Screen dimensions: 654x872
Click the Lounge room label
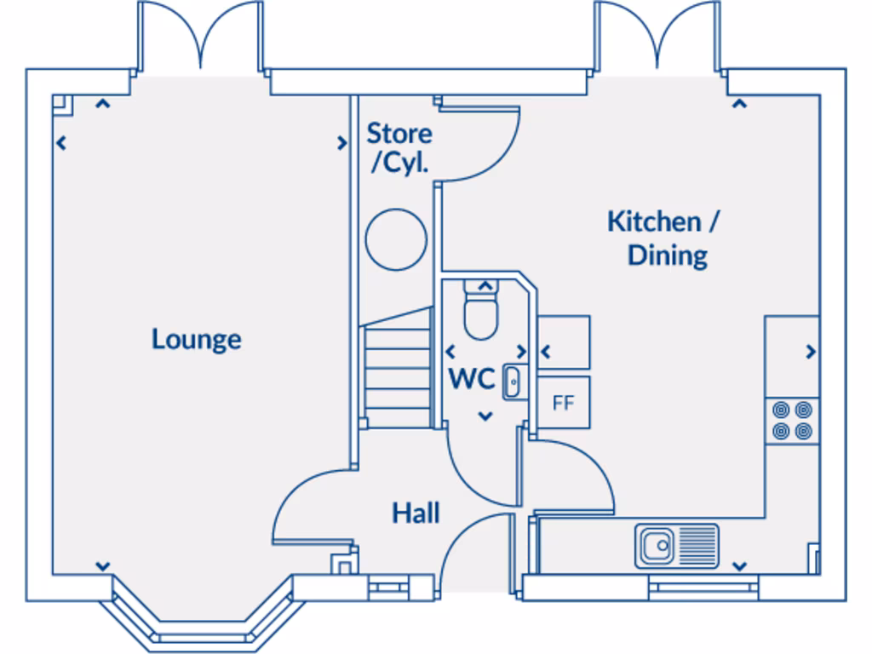pyautogui.click(x=197, y=339)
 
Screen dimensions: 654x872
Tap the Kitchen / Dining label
pyautogui.click(x=663, y=238)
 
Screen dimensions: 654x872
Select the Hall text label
pyautogui.click(x=416, y=513)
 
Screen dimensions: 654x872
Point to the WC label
pyautogui.click(x=472, y=379)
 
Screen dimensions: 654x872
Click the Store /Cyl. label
pyautogui.click(x=399, y=148)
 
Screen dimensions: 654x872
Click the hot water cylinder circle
pyautogui.click(x=395, y=238)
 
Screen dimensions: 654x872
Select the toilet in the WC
pyautogui.click(x=481, y=312)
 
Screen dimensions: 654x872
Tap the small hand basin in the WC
pyautogui.click(x=512, y=381)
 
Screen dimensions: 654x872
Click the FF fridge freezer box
pyautogui.click(x=563, y=403)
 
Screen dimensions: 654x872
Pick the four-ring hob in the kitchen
pyautogui.click(x=791, y=421)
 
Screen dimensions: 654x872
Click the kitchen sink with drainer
pyautogui.click(x=676, y=545)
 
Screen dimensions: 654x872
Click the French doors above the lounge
pyautogui.click(x=200, y=38)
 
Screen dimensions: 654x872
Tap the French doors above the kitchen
pyautogui.click(x=656, y=38)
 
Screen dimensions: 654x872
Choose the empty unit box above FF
pyautogui.click(x=564, y=343)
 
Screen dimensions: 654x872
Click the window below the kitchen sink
pyautogui.click(x=703, y=585)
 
